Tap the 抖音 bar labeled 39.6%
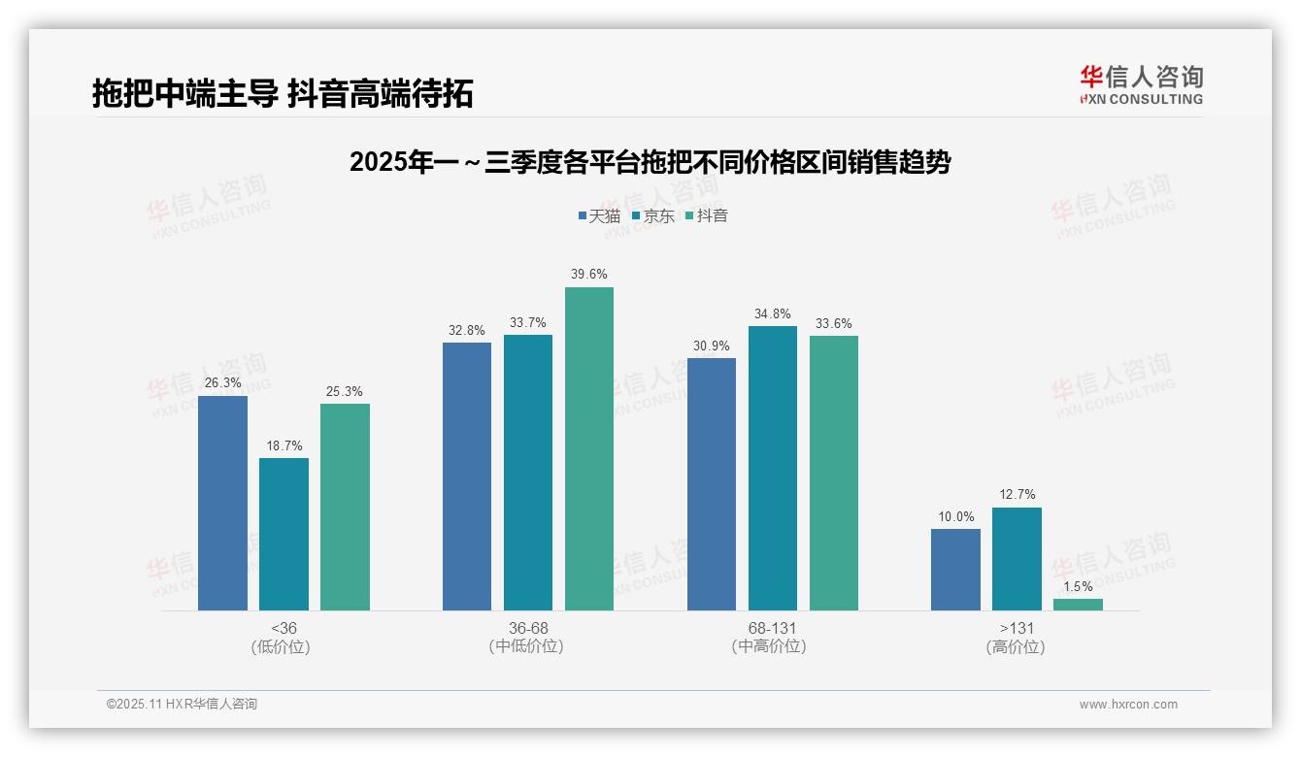(x=589, y=448)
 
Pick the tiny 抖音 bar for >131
(x=1078, y=605)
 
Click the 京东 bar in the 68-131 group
(x=773, y=468)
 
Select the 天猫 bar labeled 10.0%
(x=955, y=570)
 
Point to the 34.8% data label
(x=773, y=313)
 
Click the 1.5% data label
(x=1078, y=586)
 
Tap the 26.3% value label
(x=222, y=383)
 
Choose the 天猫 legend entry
(x=599, y=215)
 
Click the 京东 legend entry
(x=652, y=215)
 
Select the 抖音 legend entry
(x=706, y=215)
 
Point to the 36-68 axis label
(x=528, y=628)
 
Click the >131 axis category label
(x=1017, y=628)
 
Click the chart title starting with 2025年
(x=650, y=162)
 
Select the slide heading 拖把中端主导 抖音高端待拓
(x=283, y=93)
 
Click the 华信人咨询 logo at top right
(x=1141, y=84)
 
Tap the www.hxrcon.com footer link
(x=1127, y=705)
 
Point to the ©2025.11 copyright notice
(x=182, y=704)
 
